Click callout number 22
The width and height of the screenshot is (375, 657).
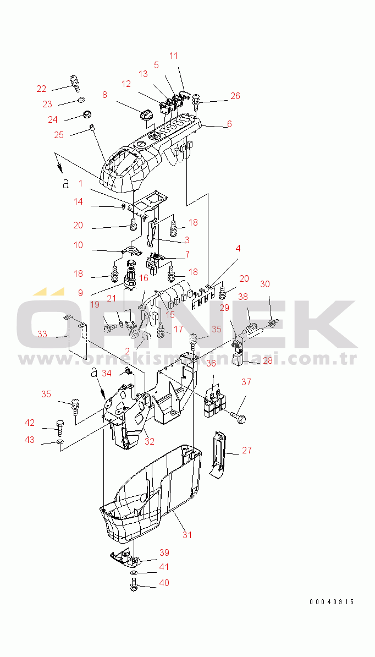click(x=41, y=89)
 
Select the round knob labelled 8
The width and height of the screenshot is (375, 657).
click(x=147, y=114)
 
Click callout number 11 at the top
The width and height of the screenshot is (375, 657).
click(x=173, y=56)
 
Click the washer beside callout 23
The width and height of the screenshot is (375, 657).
click(x=81, y=100)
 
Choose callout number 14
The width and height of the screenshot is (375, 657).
click(x=78, y=201)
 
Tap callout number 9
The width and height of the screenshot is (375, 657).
click(x=80, y=293)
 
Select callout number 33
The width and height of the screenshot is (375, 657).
click(x=42, y=334)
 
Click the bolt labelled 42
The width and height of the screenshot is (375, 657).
click(x=59, y=425)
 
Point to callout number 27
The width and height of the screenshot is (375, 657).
click(x=247, y=450)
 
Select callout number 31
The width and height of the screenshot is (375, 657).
click(x=187, y=535)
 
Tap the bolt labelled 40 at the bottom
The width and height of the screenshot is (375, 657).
click(x=134, y=585)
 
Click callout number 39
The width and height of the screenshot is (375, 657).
click(x=164, y=552)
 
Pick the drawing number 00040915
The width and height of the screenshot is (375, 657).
click(x=332, y=601)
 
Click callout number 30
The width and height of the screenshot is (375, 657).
click(x=265, y=284)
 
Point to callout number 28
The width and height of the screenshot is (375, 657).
click(x=268, y=360)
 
